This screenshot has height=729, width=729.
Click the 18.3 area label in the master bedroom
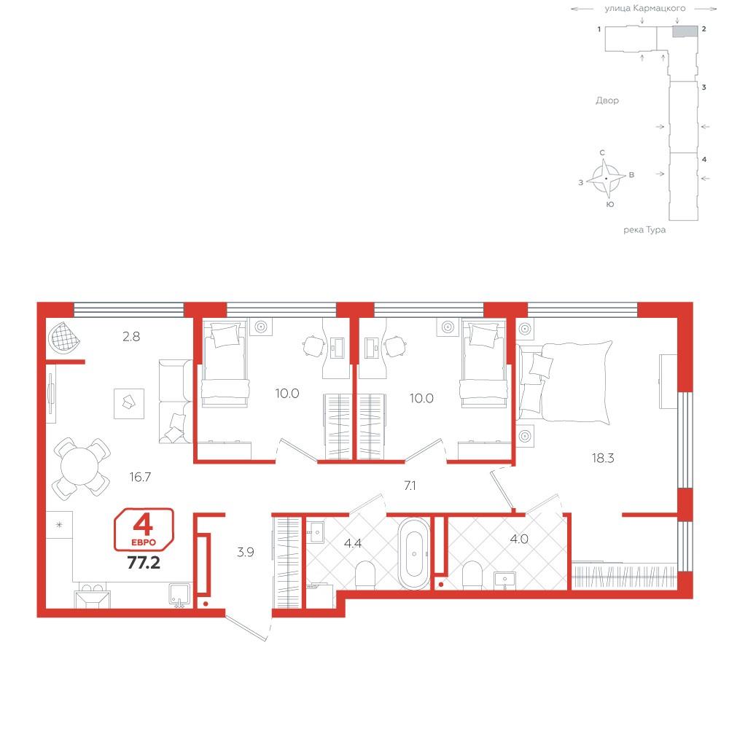pyautogui.click(x=603, y=459)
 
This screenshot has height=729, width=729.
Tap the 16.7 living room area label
pyautogui.click(x=140, y=477)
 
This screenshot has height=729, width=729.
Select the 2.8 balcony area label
pyautogui.click(x=131, y=337)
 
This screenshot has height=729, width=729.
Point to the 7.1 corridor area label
pyautogui.click(x=410, y=486)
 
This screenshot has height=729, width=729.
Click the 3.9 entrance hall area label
pyautogui.click(x=246, y=553)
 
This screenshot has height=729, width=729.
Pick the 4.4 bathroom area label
pyautogui.click(x=353, y=543)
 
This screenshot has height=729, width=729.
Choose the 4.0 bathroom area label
pyautogui.click(x=519, y=539)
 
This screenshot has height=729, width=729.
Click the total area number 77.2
pyautogui.click(x=144, y=563)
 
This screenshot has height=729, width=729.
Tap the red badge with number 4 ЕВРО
pyautogui.click(x=144, y=529)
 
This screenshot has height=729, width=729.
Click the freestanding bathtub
pyautogui.click(x=414, y=553)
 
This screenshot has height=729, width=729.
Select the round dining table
pyautogui.click(x=82, y=467)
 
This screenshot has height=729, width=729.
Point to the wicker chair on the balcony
pyautogui.click(x=64, y=337)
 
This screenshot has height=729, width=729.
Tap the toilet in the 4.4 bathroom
pyautogui.click(x=365, y=576)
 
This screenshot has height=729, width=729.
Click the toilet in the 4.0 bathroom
pyautogui.click(x=473, y=576)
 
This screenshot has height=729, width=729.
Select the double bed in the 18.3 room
pyautogui.click(x=564, y=383)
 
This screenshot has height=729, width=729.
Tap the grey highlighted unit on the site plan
pyautogui.click(x=685, y=31)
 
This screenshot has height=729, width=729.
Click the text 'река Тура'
pyautogui.click(x=644, y=230)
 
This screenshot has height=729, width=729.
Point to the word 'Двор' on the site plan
pyautogui.click(x=607, y=101)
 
